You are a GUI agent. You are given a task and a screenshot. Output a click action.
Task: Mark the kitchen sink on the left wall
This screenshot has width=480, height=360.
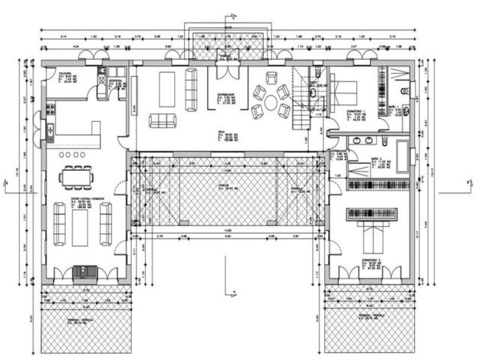[50, 133]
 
